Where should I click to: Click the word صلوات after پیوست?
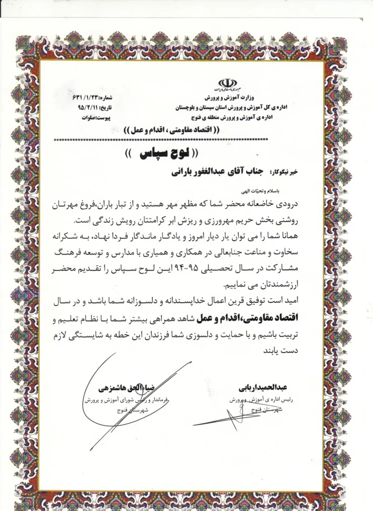[88, 118]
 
